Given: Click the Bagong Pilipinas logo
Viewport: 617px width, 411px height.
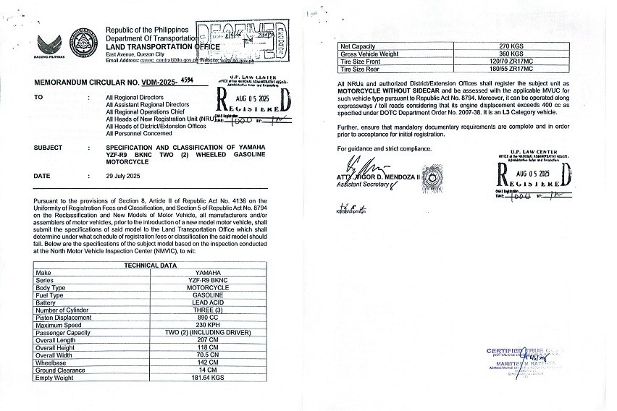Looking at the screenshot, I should pyautogui.click(x=50, y=43).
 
